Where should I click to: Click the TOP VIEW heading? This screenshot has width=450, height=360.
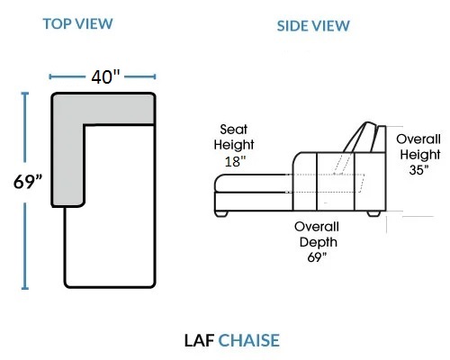[77, 23]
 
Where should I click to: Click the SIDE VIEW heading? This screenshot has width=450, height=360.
[313, 26]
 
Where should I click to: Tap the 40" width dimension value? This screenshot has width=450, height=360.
[105, 76]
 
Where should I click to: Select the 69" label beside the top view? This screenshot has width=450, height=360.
[28, 182]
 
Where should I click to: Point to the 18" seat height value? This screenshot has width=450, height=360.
[235, 162]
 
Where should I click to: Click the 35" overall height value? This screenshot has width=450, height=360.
[418, 170]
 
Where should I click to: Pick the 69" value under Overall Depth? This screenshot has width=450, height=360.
[317, 257]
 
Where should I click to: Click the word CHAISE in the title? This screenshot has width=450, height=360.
[248, 340]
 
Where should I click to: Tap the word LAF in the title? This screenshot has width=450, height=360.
[199, 340]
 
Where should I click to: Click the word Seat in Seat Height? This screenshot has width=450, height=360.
[234, 130]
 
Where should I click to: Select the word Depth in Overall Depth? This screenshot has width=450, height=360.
[319, 242]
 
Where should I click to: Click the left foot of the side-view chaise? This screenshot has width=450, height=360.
[221, 214]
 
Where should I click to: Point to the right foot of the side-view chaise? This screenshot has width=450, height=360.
[373, 213]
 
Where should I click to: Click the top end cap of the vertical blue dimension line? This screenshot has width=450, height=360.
[25, 94]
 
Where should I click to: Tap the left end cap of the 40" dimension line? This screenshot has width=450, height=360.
[50, 76]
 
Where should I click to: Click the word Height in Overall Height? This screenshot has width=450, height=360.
[420, 155]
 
